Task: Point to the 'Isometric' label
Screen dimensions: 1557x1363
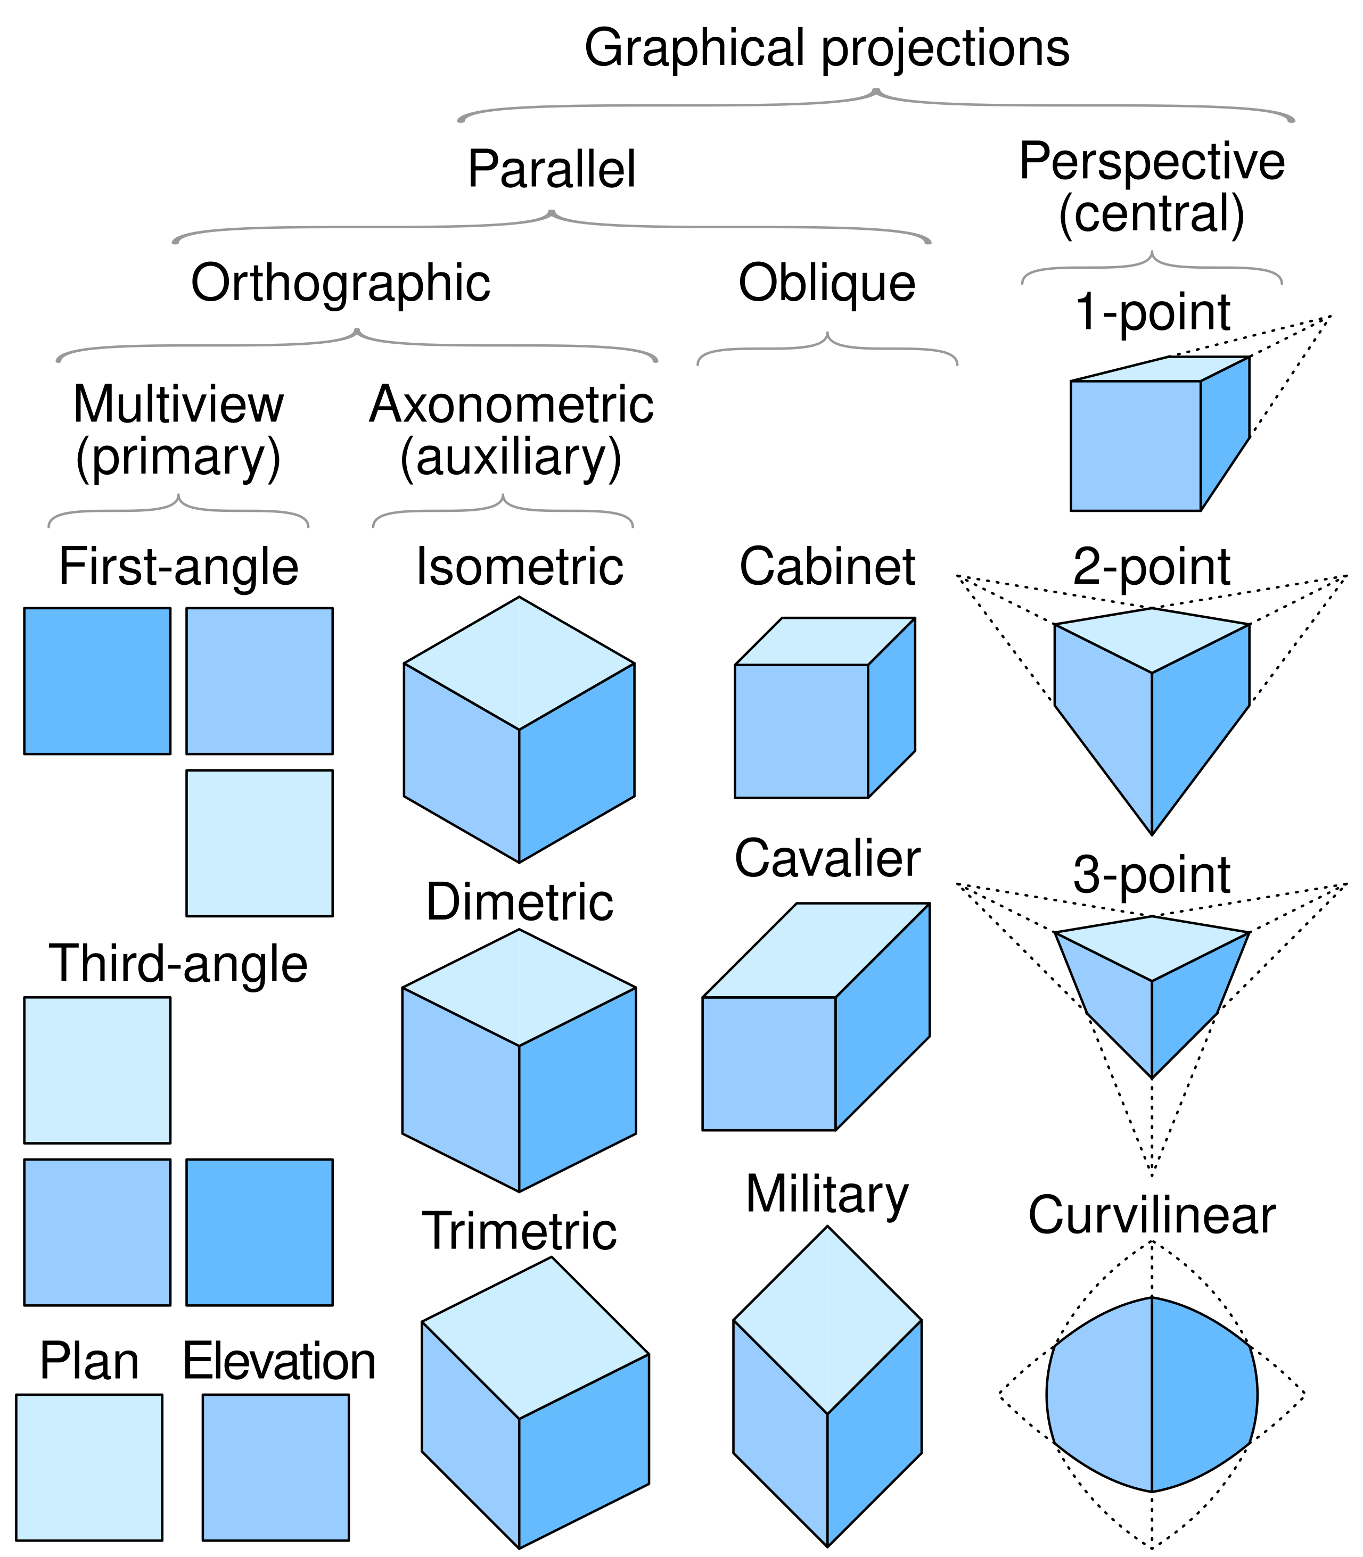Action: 520,567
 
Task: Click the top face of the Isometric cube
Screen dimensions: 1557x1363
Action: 520,663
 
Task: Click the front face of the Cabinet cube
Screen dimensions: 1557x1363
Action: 801,731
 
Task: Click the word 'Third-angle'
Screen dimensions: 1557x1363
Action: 178,964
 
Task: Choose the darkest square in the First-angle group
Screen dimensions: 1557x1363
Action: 97,681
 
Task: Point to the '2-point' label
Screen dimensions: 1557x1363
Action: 1152,567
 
